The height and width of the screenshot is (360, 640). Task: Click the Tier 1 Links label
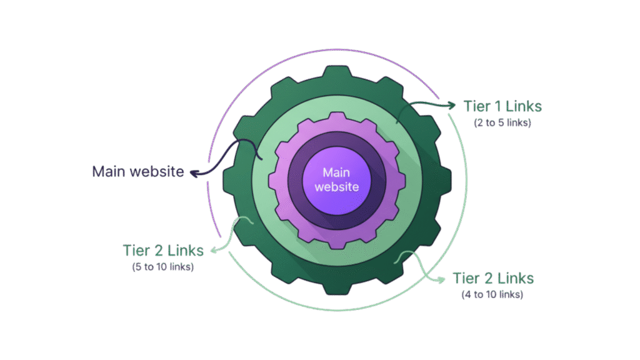(x=502, y=106)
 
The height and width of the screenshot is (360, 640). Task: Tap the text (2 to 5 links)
(x=502, y=123)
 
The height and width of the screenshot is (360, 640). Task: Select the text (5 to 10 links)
(x=163, y=267)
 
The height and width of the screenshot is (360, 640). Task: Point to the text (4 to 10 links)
(x=493, y=294)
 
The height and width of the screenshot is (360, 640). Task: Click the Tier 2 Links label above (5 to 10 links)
(x=163, y=251)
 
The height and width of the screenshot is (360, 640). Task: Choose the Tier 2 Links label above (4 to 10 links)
(x=493, y=277)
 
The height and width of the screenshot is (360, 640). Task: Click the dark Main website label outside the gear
(x=138, y=171)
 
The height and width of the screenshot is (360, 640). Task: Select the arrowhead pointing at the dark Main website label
(x=193, y=172)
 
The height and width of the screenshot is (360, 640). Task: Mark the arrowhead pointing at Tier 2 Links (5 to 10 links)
(x=212, y=251)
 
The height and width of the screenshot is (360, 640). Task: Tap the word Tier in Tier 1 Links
(x=476, y=106)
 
